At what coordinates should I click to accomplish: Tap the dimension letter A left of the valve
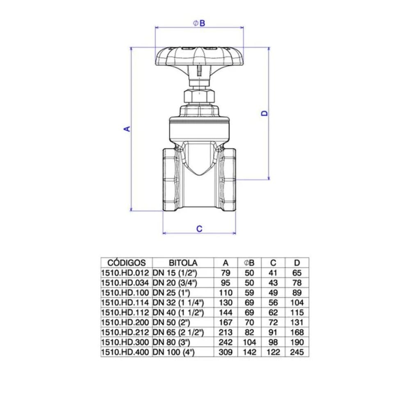click(x=128, y=129)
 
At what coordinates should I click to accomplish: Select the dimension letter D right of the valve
click(x=265, y=113)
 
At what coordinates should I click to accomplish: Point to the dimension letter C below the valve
click(x=199, y=229)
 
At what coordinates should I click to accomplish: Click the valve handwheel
click(x=200, y=57)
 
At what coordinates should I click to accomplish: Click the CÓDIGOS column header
click(x=126, y=263)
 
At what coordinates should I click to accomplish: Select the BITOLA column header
click(x=183, y=263)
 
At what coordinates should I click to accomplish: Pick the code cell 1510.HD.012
click(x=126, y=273)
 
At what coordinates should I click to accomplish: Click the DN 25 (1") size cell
click(x=170, y=293)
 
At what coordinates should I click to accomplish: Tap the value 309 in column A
click(x=225, y=352)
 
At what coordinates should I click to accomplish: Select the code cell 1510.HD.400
click(x=126, y=352)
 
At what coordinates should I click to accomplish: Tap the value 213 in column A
click(x=225, y=332)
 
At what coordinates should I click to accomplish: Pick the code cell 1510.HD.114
click(x=126, y=303)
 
